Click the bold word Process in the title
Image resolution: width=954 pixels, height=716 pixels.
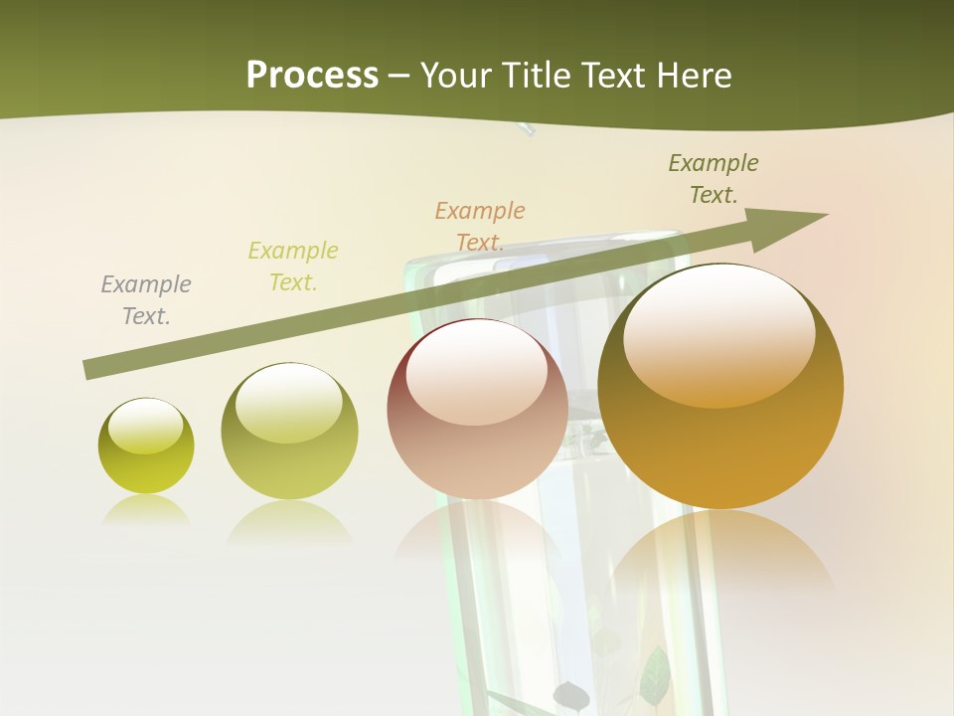pyautogui.click(x=312, y=76)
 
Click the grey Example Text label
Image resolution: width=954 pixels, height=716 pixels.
pyautogui.click(x=146, y=300)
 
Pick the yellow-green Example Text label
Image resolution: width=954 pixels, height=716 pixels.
pyautogui.click(x=293, y=267)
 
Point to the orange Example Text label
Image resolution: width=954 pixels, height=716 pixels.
pyautogui.click(x=480, y=227)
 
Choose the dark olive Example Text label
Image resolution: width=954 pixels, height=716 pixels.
pyautogui.click(x=714, y=179)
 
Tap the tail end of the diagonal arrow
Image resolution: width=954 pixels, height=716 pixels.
pyautogui.click(x=91, y=369)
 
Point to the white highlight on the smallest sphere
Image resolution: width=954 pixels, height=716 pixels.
pyautogui.click(x=145, y=426)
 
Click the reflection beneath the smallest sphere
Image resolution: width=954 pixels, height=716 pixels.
pyautogui.click(x=146, y=511)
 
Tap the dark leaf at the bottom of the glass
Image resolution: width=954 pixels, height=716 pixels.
pyautogui.click(x=571, y=695)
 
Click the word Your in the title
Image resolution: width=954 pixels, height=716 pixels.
pyautogui.click(x=456, y=76)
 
